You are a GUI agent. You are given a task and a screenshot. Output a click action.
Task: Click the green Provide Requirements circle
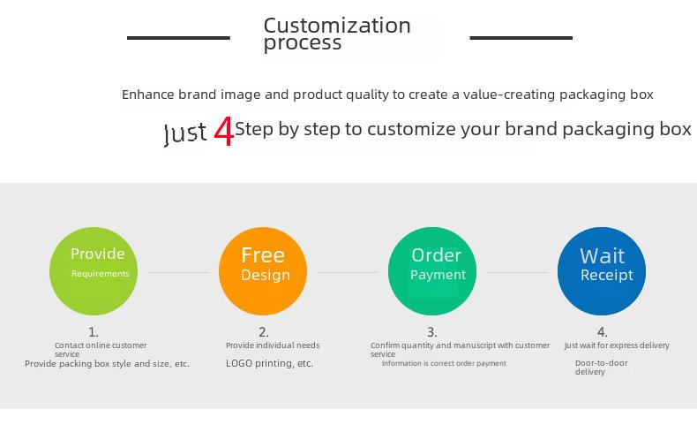(x=94, y=271)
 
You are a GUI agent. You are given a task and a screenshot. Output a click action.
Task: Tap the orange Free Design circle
(x=263, y=271)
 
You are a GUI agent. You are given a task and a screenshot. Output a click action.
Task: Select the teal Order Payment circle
(x=432, y=271)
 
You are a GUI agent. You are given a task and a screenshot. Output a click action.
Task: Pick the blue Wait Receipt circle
(x=602, y=271)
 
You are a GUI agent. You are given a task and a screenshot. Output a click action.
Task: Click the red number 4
(x=223, y=132)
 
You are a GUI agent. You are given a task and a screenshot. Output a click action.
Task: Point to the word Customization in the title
(x=337, y=26)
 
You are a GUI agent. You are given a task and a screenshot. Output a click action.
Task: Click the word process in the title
(x=303, y=43)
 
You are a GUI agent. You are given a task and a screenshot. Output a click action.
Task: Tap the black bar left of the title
(x=179, y=38)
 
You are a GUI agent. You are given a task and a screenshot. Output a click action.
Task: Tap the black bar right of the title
(x=521, y=38)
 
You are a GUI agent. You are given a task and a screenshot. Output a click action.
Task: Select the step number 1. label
(x=94, y=332)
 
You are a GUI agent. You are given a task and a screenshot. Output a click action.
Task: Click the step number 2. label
(x=264, y=332)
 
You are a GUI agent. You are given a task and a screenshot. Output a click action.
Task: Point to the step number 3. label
(x=432, y=332)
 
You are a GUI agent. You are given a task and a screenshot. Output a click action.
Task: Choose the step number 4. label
(x=603, y=332)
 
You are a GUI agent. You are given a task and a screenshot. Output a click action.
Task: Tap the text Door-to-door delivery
(x=601, y=368)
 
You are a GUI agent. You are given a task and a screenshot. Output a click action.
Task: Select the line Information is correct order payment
(x=444, y=363)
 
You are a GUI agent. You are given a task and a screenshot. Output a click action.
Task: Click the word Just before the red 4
(x=185, y=133)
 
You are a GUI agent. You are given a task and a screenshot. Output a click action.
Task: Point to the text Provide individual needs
(x=273, y=345)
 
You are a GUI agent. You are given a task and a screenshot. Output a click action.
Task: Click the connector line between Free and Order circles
(x=348, y=272)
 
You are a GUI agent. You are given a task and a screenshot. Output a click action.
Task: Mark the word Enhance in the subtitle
(x=148, y=95)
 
